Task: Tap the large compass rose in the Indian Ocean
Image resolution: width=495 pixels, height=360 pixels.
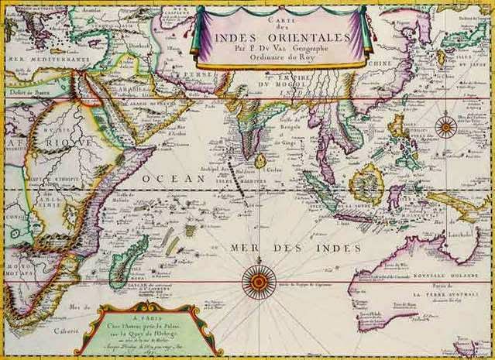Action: click(259, 281)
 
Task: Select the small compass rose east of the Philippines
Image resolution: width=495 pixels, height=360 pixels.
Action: click(445, 127)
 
